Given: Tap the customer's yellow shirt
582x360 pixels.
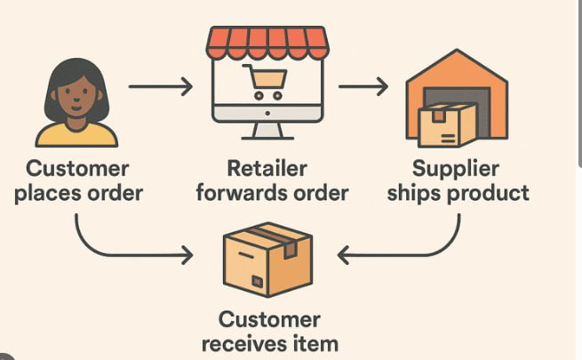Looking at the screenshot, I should [x=76, y=134].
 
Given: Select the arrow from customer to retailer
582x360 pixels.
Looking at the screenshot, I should [x=160, y=87].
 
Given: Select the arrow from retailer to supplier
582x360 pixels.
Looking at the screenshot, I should [x=363, y=87].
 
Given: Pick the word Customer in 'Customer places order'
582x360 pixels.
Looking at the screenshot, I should [x=77, y=168].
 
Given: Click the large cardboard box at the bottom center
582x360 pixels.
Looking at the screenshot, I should [x=267, y=259].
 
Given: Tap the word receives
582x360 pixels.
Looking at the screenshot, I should [x=239, y=343].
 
